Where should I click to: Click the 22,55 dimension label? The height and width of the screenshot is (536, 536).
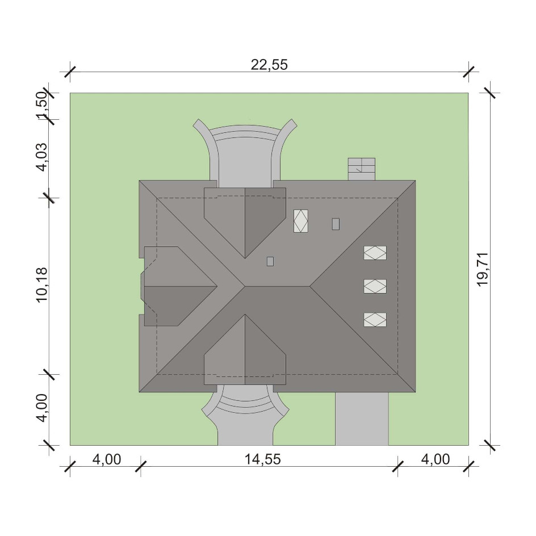click(269, 65)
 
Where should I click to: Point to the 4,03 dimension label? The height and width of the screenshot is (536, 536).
click(41, 157)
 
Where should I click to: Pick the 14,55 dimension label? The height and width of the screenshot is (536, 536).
click(262, 459)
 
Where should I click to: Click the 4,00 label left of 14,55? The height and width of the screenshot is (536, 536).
click(107, 459)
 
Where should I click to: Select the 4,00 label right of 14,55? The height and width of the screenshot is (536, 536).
click(435, 459)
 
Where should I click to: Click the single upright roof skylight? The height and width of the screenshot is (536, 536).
click(300, 221)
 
